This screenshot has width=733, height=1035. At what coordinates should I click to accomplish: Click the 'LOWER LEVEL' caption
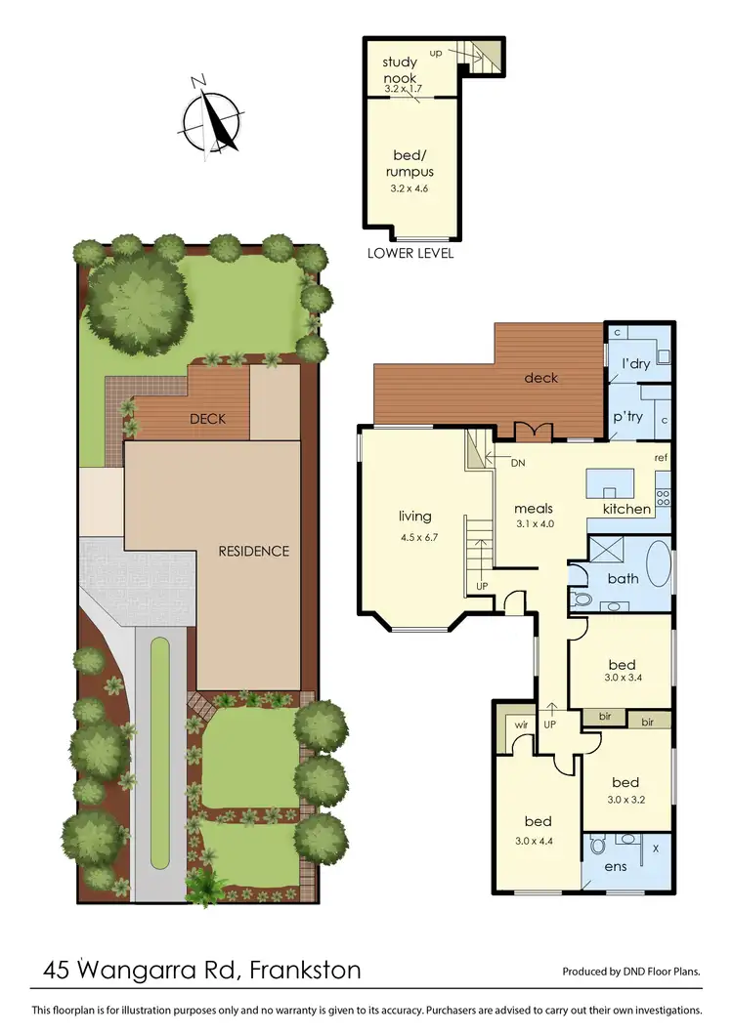tap(410, 253)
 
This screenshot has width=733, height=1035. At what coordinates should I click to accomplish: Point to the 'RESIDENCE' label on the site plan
tap(254, 551)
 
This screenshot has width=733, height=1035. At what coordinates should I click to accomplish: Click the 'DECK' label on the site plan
tap(208, 419)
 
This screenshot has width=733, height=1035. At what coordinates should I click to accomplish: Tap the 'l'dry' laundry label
tap(636, 364)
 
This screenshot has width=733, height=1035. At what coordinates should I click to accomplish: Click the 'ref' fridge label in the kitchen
tap(662, 458)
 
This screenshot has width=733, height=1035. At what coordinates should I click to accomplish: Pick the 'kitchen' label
tap(626, 509)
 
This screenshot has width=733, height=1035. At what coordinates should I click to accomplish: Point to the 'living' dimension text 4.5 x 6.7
tap(414, 536)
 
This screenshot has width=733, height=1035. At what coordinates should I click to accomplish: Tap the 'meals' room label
tap(535, 508)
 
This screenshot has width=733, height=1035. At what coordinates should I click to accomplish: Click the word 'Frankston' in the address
tap(305, 971)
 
